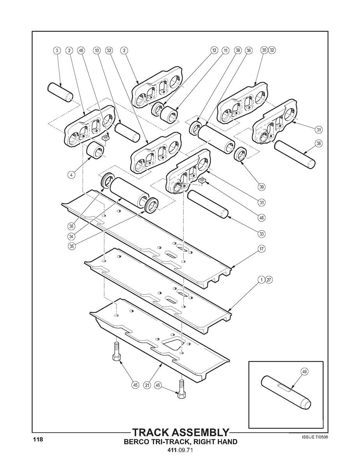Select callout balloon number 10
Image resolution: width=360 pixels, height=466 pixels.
[97, 50]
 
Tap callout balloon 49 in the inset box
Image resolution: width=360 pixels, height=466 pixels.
[304, 372]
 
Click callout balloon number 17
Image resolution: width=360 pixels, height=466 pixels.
[262, 248]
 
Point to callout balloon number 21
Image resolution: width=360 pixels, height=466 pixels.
[147, 385]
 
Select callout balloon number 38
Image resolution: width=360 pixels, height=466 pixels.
[319, 143]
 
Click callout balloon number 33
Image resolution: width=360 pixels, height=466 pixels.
[262, 233]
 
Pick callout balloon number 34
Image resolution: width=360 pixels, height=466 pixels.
[71, 236]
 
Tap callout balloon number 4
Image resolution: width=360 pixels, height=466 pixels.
[71, 175]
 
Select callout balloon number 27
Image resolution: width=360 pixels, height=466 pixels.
[269, 279]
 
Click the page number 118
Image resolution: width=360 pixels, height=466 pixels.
[38, 440]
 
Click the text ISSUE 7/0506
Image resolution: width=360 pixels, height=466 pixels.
[314, 437]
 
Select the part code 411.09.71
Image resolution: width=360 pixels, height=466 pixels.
[180, 450]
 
